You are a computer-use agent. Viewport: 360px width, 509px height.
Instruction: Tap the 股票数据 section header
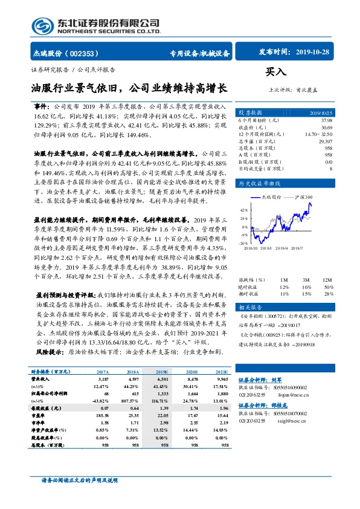(x=249, y=112)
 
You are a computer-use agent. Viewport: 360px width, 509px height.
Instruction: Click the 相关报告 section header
(x=249, y=307)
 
